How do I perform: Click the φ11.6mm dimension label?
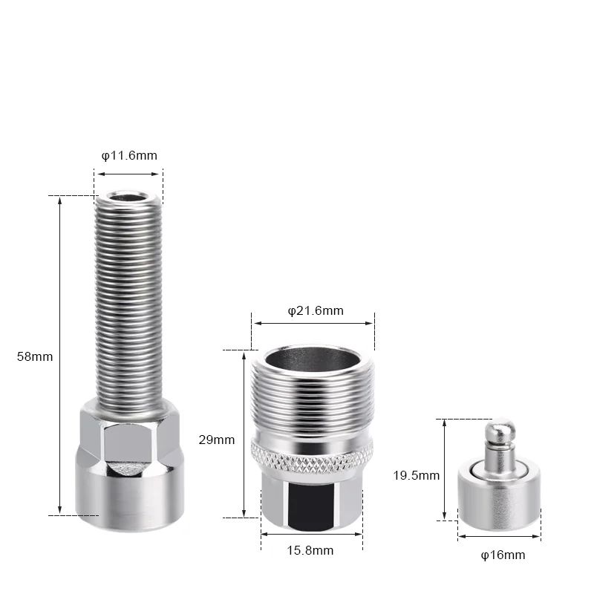[x=129, y=156]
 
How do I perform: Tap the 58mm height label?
[x=35, y=357]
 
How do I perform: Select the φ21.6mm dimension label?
[x=316, y=311]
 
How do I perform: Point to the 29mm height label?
[x=217, y=440]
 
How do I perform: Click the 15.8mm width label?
[x=310, y=550]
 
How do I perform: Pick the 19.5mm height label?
[x=417, y=475]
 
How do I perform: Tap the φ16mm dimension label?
[x=503, y=555]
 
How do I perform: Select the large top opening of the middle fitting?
[x=313, y=358]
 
